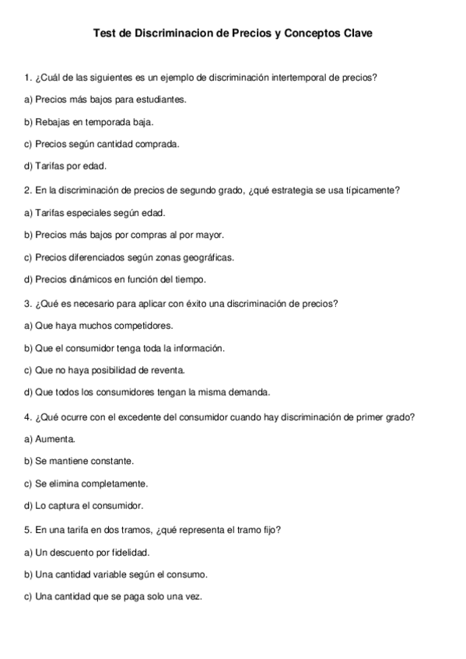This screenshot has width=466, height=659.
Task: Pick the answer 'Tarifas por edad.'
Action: (x=66, y=166)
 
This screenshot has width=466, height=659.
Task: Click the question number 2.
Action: (x=28, y=189)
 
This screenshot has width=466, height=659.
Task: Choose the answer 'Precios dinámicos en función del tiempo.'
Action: (x=115, y=279)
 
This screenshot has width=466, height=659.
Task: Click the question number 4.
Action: (x=28, y=417)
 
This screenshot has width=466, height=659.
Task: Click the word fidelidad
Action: (x=129, y=552)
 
